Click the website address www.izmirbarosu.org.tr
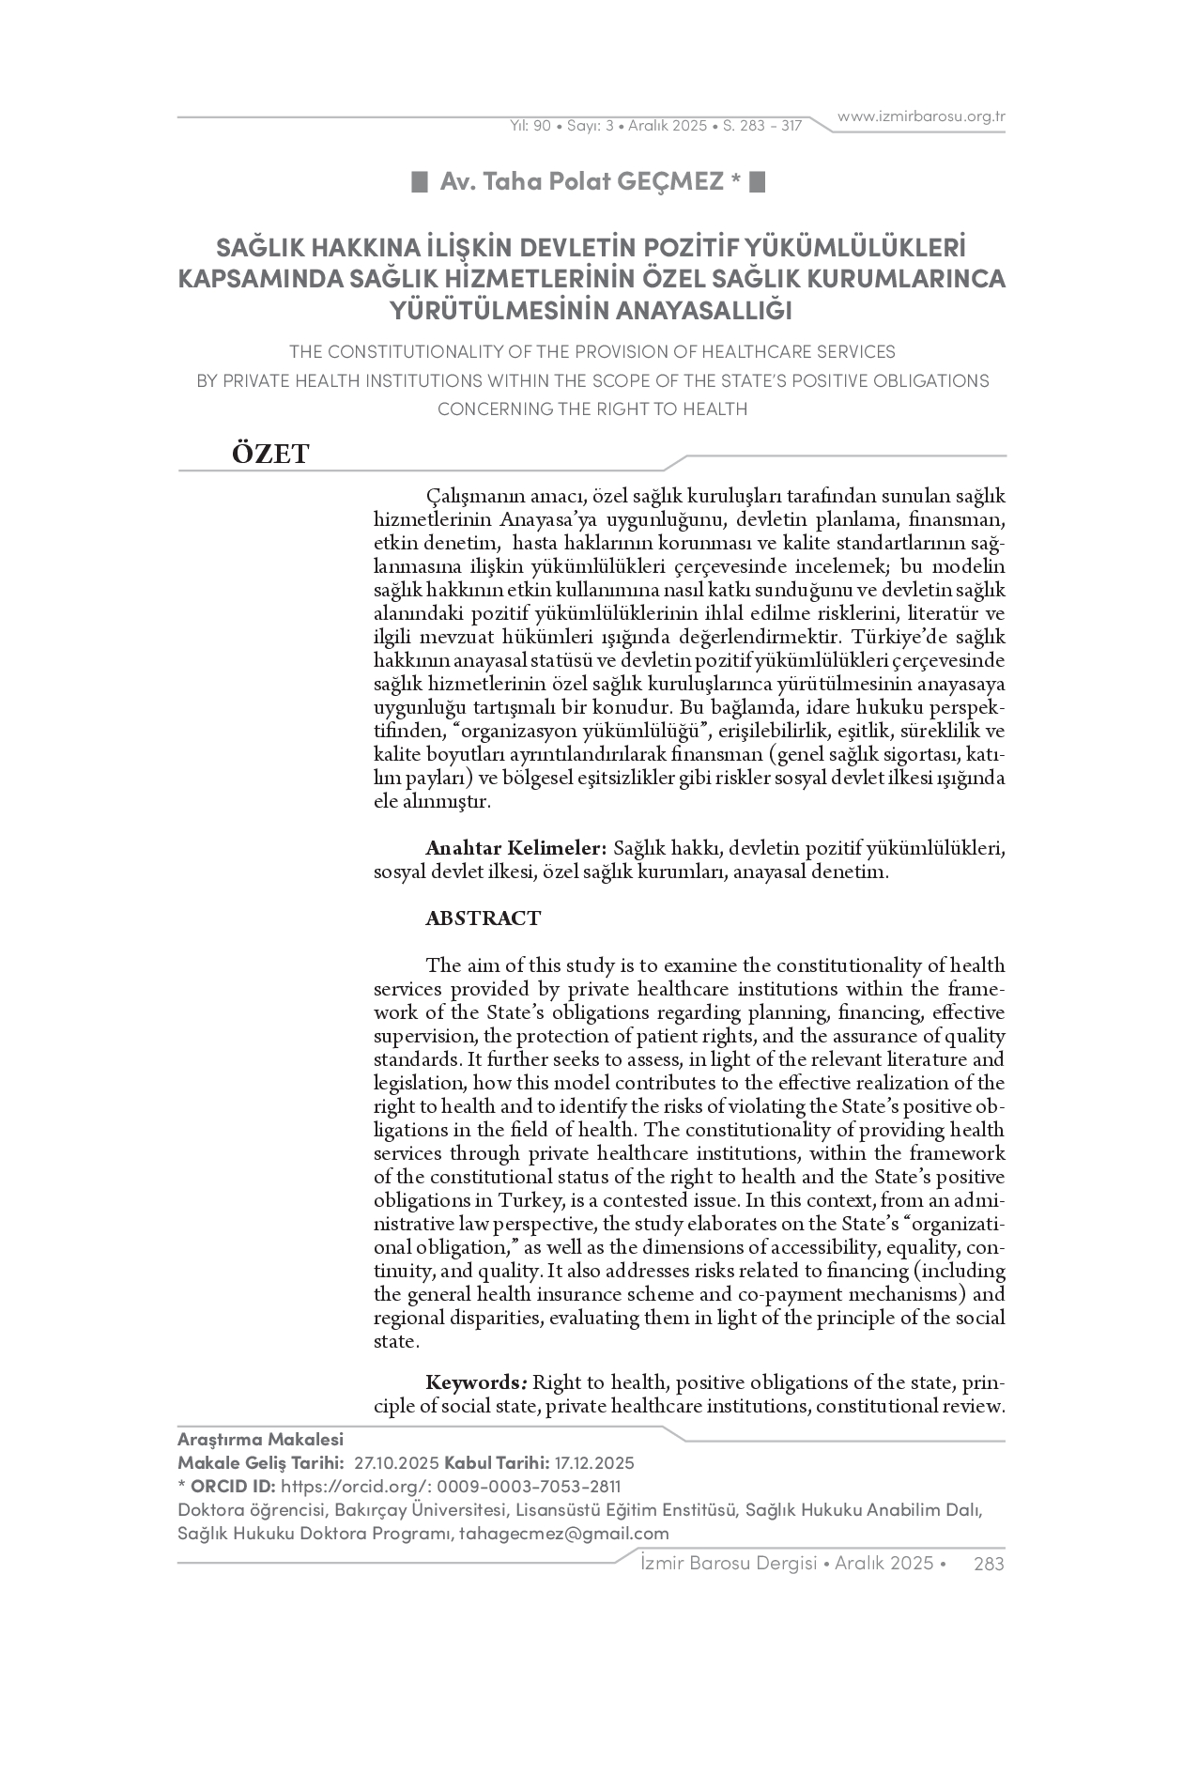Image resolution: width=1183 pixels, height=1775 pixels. (x=921, y=116)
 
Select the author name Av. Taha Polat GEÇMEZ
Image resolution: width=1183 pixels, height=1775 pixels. (x=582, y=181)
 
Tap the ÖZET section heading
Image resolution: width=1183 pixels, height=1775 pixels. (x=270, y=455)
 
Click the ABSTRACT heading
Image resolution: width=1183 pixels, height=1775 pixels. (x=483, y=918)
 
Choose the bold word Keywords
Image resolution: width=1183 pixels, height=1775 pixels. (x=475, y=1382)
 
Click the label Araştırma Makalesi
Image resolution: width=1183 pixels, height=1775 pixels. (x=260, y=1440)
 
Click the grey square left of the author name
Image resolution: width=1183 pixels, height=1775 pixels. (x=421, y=181)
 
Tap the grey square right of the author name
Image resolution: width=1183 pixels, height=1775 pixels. (x=759, y=181)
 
